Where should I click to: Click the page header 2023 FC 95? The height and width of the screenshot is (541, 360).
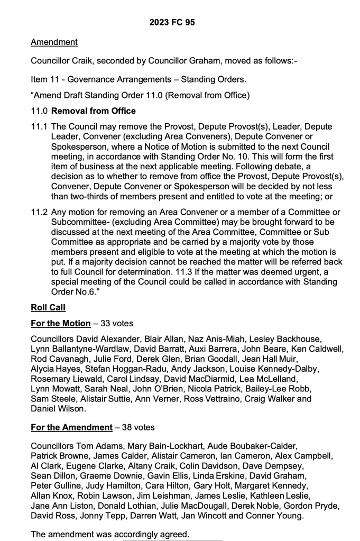[x=180, y=23]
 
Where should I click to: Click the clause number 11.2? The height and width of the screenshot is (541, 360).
[x=39, y=212]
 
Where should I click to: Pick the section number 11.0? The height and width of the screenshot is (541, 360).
[x=39, y=111]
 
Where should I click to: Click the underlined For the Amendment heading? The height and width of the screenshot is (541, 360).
[x=72, y=427]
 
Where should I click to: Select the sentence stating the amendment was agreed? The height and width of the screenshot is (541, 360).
[x=110, y=534]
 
